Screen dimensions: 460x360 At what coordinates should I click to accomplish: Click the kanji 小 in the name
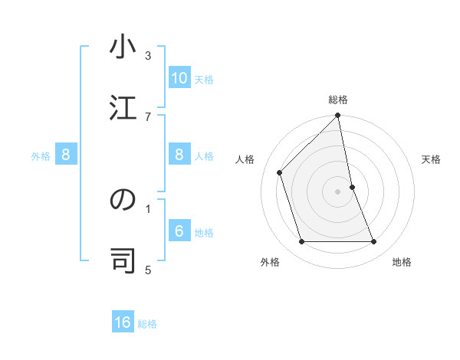pos(122,47)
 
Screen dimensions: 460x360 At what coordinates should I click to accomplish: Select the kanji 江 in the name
pos(122,107)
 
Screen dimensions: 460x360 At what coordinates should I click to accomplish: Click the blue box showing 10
pos(179,78)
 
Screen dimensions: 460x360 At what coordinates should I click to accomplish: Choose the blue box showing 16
pos(123,322)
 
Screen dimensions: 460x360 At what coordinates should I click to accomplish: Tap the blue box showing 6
pos(179,231)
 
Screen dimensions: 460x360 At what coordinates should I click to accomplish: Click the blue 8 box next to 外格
pos(66,155)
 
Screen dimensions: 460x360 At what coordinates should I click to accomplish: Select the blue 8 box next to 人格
pos(179,155)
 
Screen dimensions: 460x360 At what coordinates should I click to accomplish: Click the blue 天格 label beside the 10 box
pos(204,79)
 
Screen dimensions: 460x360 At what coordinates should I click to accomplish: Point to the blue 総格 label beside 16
pos(147,323)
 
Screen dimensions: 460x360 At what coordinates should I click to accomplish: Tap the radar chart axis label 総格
pos(338,100)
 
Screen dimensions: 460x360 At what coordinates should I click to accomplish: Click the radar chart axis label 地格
pos(402,262)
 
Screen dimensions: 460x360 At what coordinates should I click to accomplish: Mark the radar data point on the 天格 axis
pos(352,187)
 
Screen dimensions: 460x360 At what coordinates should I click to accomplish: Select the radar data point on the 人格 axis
pos(280,172)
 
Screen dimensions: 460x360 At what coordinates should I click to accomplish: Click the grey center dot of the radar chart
pos(338,191)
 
